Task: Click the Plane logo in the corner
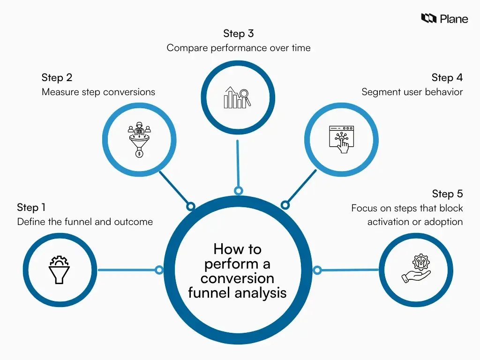(444, 19)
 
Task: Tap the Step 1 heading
(31, 207)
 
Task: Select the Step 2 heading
(57, 77)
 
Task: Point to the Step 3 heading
(239, 34)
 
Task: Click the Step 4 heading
(447, 77)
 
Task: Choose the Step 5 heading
(447, 194)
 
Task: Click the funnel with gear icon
(60, 270)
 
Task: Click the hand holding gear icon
(416, 269)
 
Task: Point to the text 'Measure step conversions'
(98, 92)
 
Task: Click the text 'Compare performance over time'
(239, 48)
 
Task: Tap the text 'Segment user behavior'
(412, 92)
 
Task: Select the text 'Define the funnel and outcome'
(85, 222)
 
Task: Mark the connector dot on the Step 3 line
(239, 191)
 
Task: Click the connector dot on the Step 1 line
(159, 270)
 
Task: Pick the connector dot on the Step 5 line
(317, 270)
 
